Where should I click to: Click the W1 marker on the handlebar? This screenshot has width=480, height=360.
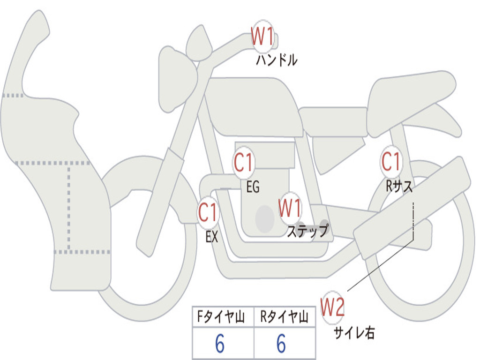tap(262, 37)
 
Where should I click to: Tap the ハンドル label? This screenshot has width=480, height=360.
tap(277, 60)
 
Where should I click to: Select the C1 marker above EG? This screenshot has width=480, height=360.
tap(243, 162)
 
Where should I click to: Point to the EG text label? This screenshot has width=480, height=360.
tap(253, 187)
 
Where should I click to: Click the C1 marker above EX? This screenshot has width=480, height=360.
tap(208, 212)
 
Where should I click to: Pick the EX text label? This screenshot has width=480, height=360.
tap(212, 237)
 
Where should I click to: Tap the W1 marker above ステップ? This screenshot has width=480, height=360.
tap(290, 208)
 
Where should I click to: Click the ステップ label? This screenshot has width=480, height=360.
tap(307, 231)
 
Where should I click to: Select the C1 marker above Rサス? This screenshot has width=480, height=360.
tap(391, 161)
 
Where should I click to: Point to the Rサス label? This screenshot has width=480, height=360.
tap(399, 186)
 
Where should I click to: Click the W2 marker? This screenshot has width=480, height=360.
tap(332, 307)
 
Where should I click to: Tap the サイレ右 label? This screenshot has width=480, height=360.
tap(354, 332)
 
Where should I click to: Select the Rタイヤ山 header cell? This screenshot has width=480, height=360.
tap(285, 317)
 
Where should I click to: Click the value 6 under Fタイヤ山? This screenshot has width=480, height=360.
tap(220, 344)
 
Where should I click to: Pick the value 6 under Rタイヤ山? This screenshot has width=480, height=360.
tap(281, 344)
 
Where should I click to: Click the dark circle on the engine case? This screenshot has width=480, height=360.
tap(265, 219)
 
